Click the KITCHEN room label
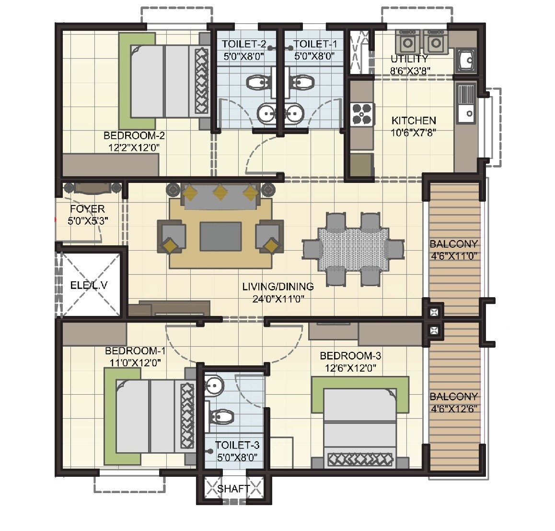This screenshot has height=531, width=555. (x=414, y=121)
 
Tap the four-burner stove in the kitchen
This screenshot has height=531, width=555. (x=362, y=114)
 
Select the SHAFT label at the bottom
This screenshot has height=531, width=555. (x=233, y=489)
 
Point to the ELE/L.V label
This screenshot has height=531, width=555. (x=89, y=285)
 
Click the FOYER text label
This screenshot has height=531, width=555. (x=87, y=209)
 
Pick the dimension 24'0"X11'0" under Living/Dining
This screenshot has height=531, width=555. (x=278, y=298)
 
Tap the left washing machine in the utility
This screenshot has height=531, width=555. (x=407, y=42)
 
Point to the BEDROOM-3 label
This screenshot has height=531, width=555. (x=350, y=356)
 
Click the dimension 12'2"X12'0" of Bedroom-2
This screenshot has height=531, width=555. (x=131, y=147)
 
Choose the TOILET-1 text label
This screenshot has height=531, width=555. (x=315, y=44)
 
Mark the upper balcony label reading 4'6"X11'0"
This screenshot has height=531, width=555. (x=453, y=255)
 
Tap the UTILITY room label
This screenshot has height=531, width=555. (x=409, y=59)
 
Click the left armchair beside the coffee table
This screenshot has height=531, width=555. (x=171, y=236)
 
